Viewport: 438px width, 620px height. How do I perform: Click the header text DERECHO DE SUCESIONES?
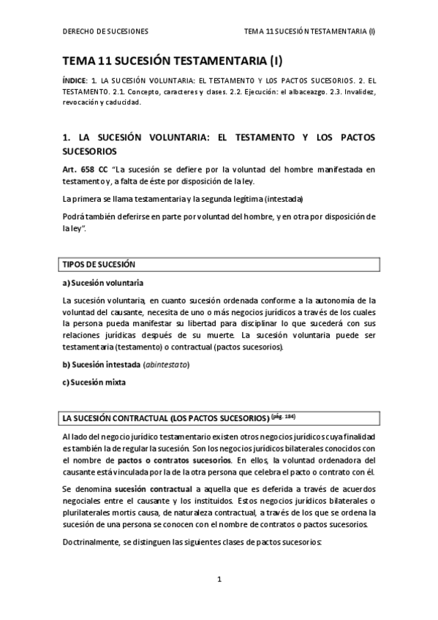point(105,31)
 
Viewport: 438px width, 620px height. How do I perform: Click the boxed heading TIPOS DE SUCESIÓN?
point(99,265)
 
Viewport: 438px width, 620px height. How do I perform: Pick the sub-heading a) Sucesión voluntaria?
point(103,283)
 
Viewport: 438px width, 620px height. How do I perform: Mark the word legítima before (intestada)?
point(242,200)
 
